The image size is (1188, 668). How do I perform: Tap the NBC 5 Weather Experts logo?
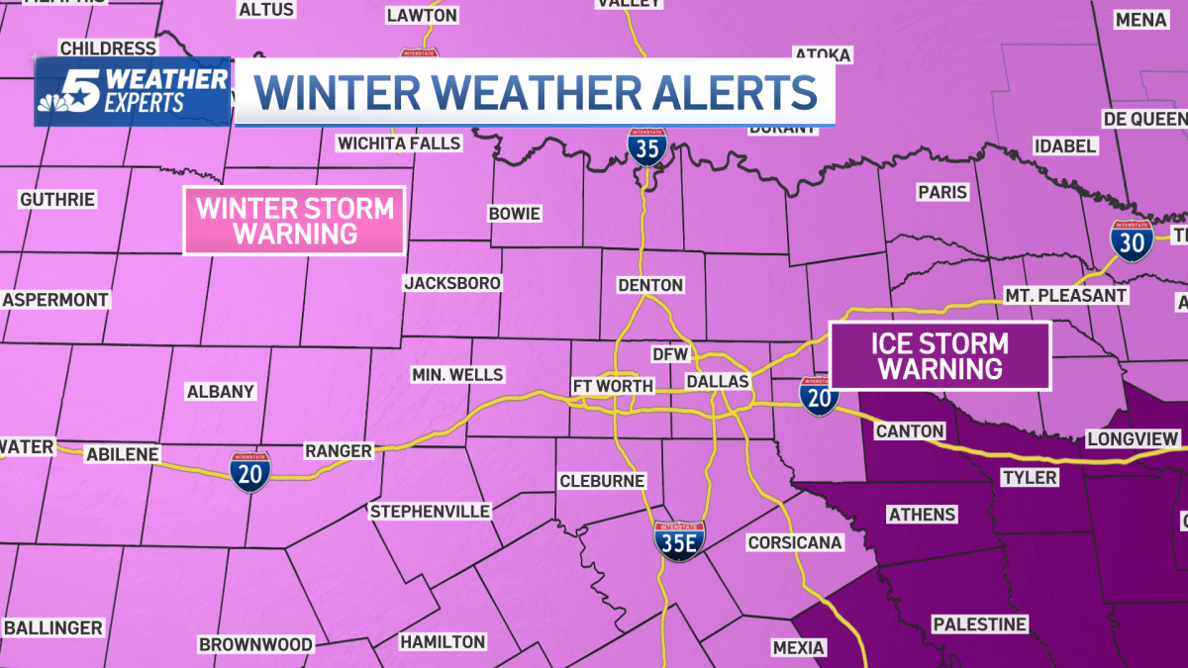pyautogui.click(x=134, y=91)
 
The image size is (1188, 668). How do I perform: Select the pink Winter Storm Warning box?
pyautogui.click(x=294, y=221)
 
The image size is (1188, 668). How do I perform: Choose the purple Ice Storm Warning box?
pyautogui.click(x=940, y=356)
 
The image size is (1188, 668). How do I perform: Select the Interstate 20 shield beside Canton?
pyautogui.click(x=819, y=396)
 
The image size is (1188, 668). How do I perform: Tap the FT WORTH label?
pyautogui.click(x=613, y=386)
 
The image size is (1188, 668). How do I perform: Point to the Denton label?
pyautogui.click(x=649, y=285)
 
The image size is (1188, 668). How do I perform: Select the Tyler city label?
pyautogui.click(x=1030, y=478)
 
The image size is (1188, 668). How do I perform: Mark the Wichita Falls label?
pyautogui.click(x=399, y=143)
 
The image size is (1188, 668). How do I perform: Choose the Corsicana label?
pyautogui.click(x=795, y=542)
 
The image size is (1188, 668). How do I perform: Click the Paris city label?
pyautogui.click(x=941, y=193)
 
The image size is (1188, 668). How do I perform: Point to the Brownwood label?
pyautogui.click(x=255, y=644)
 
